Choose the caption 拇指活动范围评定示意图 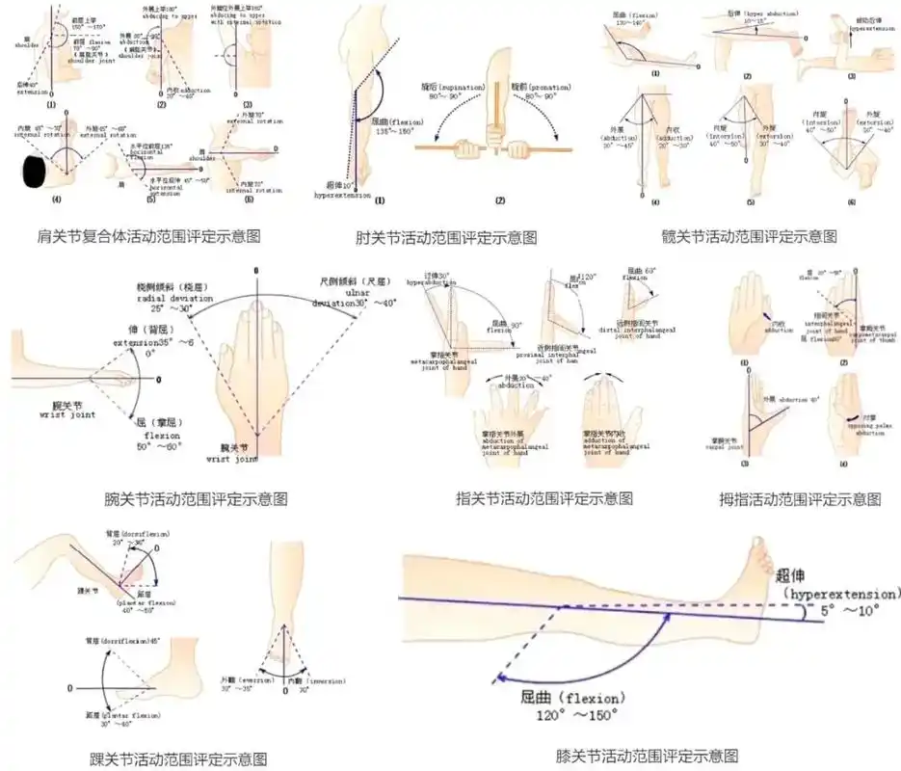coord(800,499)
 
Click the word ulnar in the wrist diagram coord(357,292)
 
